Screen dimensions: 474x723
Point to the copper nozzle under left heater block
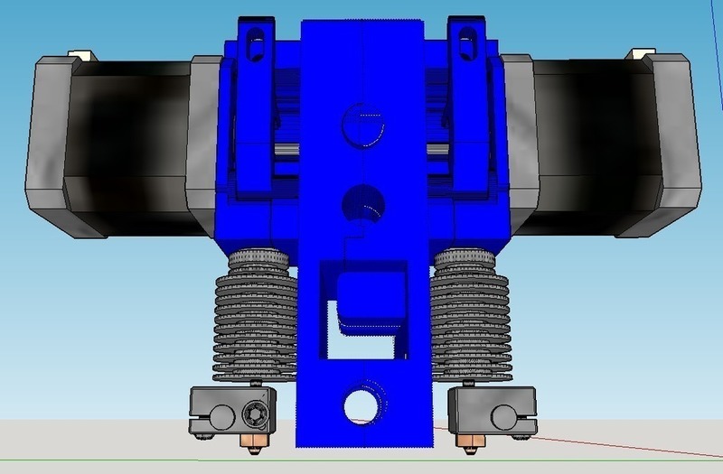[x=256, y=442]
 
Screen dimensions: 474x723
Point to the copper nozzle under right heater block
[x=470, y=442]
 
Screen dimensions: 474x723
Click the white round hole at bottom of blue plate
[x=361, y=405]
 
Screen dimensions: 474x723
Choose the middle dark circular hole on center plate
[x=361, y=200]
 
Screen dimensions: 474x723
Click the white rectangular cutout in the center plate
[x=357, y=343]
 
